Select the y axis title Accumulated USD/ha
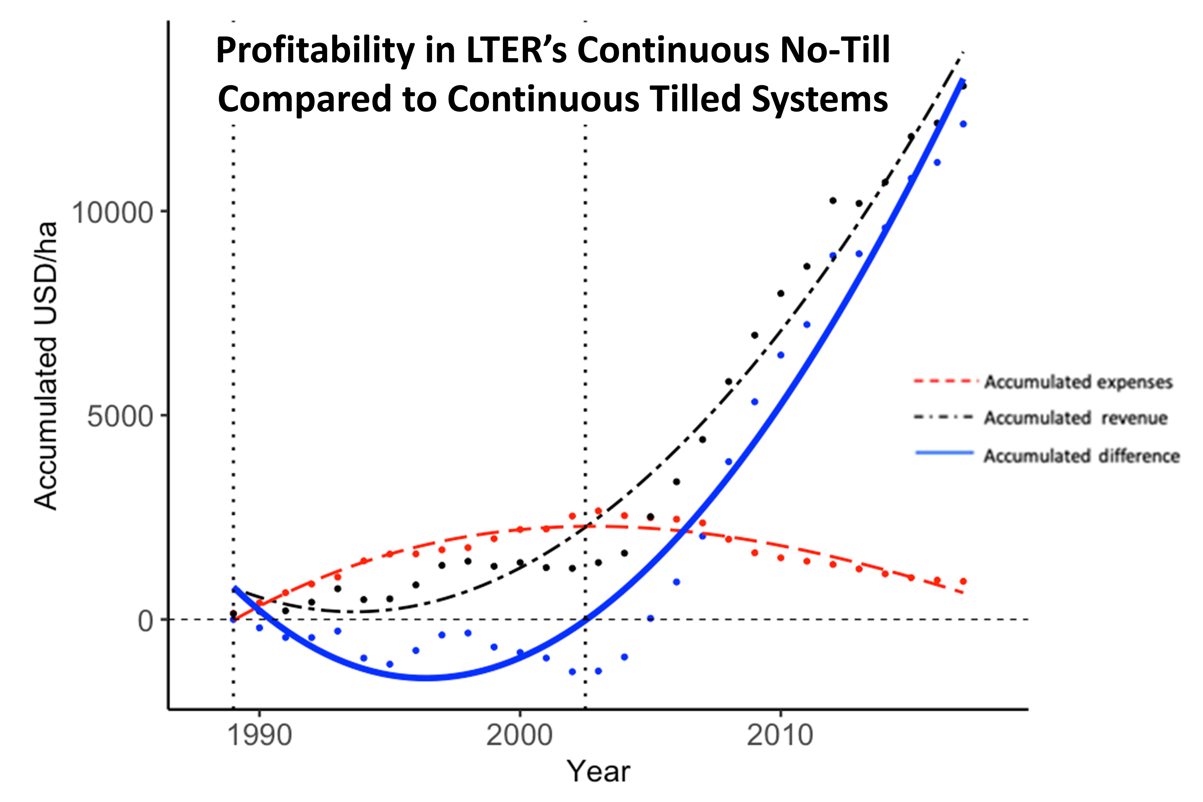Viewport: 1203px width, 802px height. pos(46,366)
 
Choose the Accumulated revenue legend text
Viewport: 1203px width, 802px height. pos(1076,418)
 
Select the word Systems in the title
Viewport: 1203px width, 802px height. pos(819,99)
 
